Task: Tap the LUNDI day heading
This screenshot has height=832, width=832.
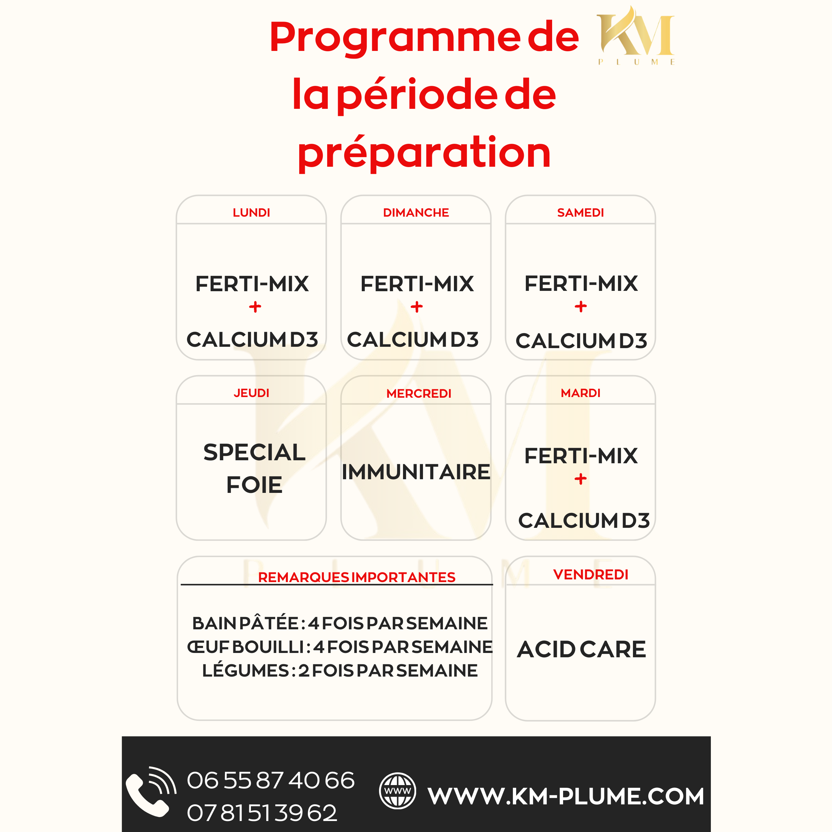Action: tap(252, 213)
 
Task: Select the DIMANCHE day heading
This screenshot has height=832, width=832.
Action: tap(416, 213)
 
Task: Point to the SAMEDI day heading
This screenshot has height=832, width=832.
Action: tap(580, 213)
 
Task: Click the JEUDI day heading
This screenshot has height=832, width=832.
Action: tap(252, 393)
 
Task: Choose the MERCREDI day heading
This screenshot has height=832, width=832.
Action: tap(419, 394)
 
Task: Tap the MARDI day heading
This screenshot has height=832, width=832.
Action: tap(580, 393)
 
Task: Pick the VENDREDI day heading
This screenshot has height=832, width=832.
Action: tap(591, 574)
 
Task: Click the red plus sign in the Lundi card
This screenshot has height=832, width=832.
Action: tap(255, 307)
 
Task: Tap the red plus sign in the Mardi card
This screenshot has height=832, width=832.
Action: tap(580, 479)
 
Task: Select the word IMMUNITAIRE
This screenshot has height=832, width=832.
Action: tap(416, 472)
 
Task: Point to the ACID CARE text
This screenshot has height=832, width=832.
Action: tap(581, 649)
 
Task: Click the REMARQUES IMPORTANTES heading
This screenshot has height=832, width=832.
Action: tap(356, 577)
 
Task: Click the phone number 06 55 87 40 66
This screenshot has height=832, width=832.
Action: tap(271, 780)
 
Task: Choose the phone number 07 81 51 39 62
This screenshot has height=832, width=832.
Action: tap(262, 813)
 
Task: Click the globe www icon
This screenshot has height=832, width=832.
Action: tap(397, 791)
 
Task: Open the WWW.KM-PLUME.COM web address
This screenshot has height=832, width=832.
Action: tap(566, 796)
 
